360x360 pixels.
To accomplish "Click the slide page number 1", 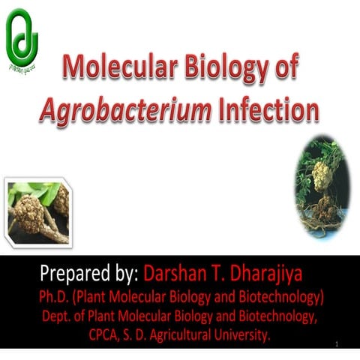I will (x=340, y=344).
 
